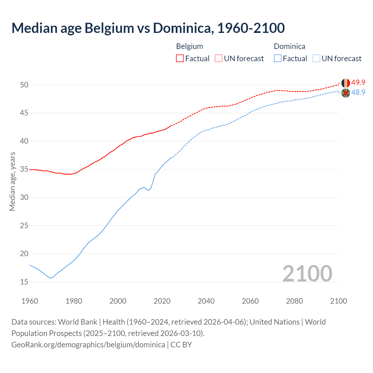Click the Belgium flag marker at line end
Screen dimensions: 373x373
(x=346, y=83)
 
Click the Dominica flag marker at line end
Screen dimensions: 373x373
(x=346, y=93)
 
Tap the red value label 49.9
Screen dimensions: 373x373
(x=358, y=83)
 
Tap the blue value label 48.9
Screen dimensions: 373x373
(x=358, y=93)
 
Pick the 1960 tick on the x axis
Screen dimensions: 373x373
(x=30, y=301)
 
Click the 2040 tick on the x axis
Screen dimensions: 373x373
(x=206, y=301)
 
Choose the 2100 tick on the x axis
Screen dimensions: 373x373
(x=338, y=301)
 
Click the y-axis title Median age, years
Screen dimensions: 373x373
(x=12, y=181)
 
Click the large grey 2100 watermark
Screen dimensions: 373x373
(x=307, y=273)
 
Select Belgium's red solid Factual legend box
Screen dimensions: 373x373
(x=180, y=59)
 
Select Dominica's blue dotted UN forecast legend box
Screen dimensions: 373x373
(x=316, y=59)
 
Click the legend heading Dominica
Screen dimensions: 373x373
(x=289, y=46)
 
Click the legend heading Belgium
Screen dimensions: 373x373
(x=189, y=46)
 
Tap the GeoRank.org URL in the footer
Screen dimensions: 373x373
(x=88, y=345)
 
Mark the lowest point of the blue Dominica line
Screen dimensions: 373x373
(x=50, y=278)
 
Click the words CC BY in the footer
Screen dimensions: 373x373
(x=181, y=345)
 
